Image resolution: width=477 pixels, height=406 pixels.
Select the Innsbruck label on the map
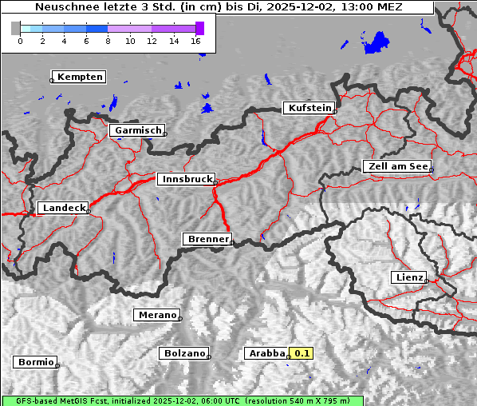186,180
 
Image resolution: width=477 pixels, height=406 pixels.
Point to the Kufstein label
309,108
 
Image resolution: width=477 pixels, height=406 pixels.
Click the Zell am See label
396,166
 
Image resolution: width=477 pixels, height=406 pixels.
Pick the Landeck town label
63,208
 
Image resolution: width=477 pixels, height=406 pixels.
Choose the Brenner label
207,239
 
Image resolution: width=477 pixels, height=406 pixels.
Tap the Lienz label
408,277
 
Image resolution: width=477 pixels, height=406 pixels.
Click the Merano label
156,315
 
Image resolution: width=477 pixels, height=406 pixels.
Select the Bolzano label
184,353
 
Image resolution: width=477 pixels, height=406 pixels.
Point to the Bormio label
35,362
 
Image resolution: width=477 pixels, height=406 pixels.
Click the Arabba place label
266,353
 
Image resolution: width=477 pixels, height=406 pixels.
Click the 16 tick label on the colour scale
196,41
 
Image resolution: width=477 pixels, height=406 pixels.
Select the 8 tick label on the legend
108,41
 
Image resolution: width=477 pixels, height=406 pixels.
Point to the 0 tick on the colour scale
20,41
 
